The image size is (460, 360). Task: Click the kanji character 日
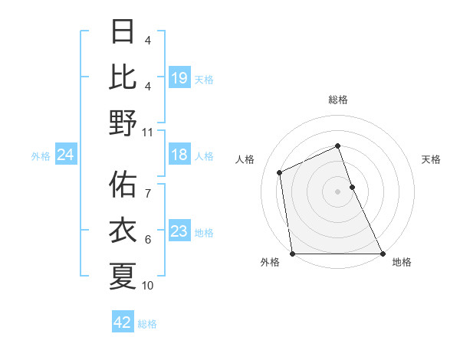(x=123, y=33)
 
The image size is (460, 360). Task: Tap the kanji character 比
(x=123, y=77)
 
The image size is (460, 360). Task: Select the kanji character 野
(x=123, y=122)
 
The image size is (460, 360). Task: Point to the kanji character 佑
(x=123, y=186)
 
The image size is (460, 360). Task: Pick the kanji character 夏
(x=123, y=276)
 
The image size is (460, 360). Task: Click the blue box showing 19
(x=179, y=77)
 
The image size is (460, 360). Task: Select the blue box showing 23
(x=179, y=231)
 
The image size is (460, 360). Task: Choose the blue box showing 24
(x=65, y=155)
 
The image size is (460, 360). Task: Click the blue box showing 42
(x=123, y=322)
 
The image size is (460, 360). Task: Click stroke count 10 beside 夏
(x=148, y=286)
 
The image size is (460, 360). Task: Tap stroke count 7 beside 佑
(x=148, y=185)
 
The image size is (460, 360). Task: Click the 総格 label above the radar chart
(x=338, y=100)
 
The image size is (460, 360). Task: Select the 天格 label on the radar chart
(x=431, y=159)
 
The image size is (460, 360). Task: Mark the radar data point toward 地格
(x=383, y=254)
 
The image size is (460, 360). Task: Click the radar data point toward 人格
(x=280, y=172)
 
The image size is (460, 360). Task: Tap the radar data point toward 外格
(x=292, y=254)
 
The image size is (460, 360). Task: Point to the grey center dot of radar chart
(x=338, y=191)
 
